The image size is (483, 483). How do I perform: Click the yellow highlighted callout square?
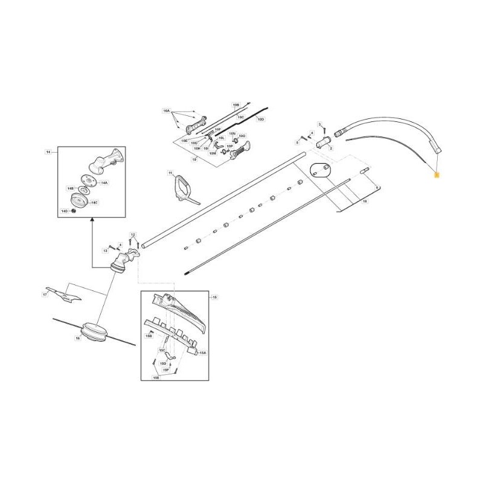point(437,173)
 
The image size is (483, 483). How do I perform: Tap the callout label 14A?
point(104,182)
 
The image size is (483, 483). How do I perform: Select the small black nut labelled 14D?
point(73,211)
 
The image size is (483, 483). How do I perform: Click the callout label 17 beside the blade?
point(45,295)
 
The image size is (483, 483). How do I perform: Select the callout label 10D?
point(261,120)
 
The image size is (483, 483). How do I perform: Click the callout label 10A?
point(167,111)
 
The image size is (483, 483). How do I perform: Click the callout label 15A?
point(202,353)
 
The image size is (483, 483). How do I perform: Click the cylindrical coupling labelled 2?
point(324,144)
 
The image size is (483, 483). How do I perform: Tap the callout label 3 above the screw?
point(319,124)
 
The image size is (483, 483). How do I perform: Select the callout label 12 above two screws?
point(133,234)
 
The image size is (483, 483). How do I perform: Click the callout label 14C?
point(94,203)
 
